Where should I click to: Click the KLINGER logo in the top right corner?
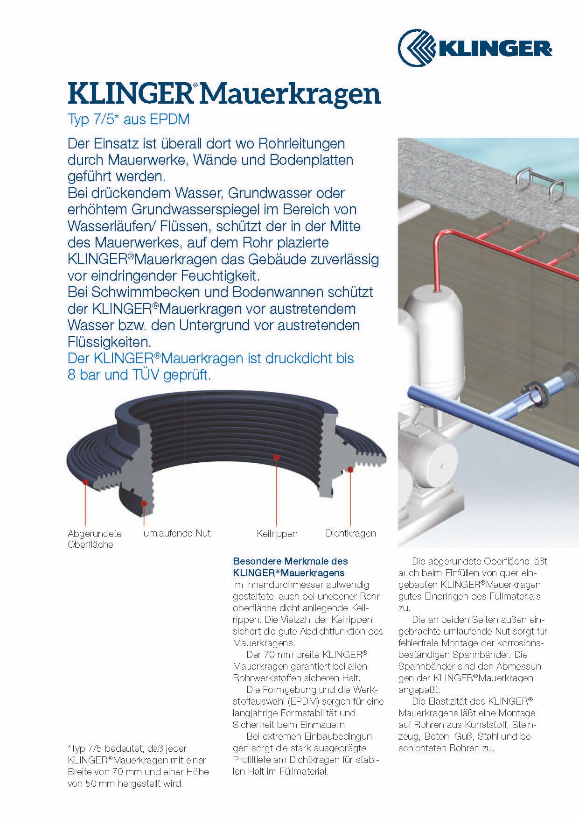point(475,48)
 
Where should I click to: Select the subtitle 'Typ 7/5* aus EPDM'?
point(128,120)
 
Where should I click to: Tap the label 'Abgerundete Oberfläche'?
point(94,539)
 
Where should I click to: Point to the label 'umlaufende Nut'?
point(177,533)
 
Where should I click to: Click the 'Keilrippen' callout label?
point(277,534)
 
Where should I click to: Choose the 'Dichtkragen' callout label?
point(350,533)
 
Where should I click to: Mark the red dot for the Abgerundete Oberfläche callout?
point(85,481)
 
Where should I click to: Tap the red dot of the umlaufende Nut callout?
point(144,503)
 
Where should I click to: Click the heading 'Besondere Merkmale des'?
point(290,561)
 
